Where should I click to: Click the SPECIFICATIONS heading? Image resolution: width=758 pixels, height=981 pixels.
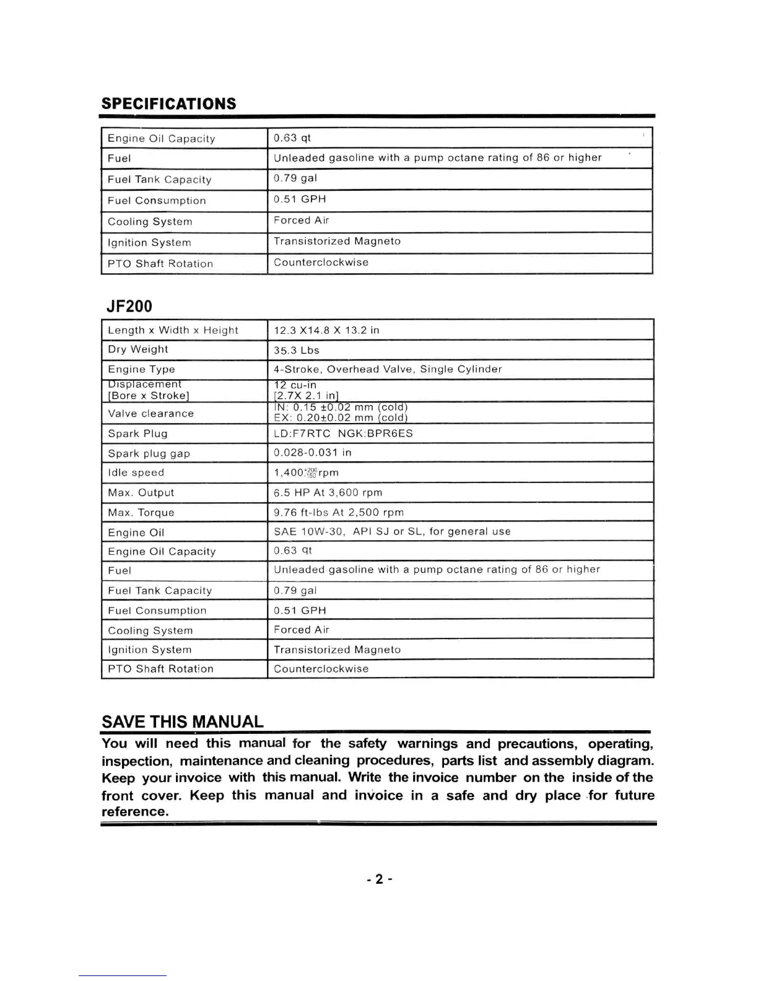[168, 103]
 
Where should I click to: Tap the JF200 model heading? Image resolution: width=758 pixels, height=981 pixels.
[129, 306]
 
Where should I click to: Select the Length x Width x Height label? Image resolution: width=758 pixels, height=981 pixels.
[173, 330]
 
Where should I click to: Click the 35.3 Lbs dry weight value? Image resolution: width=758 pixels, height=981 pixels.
[297, 350]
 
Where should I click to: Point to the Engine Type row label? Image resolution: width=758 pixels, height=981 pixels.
[141, 369]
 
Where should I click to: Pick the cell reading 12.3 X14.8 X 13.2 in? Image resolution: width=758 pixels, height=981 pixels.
[326, 330]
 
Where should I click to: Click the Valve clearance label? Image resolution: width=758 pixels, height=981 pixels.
[150, 413]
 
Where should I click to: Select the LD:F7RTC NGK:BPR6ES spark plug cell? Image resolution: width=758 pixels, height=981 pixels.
[343, 433]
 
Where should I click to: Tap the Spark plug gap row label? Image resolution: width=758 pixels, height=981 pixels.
[149, 453]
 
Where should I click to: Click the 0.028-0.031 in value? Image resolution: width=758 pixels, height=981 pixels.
[312, 453]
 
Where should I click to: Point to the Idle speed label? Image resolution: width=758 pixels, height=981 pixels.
[136, 473]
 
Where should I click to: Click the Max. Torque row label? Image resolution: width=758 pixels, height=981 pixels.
[141, 512]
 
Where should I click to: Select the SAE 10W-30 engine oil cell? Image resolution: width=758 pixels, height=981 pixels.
[392, 531]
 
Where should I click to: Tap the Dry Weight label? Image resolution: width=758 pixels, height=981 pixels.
[137, 349]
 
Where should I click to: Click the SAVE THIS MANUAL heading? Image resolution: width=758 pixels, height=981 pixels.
[182, 722]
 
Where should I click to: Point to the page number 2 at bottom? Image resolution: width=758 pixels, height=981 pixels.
[379, 879]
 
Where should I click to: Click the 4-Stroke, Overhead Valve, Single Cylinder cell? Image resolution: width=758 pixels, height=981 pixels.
[388, 369]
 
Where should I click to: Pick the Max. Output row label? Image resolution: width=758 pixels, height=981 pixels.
[141, 492]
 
